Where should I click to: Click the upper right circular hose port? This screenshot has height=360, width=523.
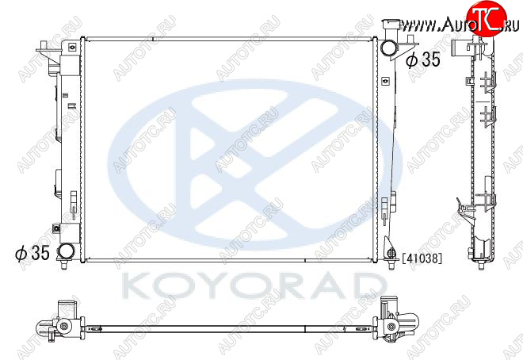[389, 48]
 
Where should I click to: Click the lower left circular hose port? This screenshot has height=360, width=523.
[66, 251]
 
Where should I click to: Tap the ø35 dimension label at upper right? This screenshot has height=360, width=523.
[423, 59]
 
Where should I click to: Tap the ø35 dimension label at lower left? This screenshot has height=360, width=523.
[32, 253]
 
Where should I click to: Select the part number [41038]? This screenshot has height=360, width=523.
[422, 258]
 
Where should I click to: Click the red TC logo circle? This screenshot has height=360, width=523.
[487, 17]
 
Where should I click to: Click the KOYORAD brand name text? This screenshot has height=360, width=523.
[254, 286]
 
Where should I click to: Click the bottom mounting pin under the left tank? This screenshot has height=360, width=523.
[63, 264]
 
